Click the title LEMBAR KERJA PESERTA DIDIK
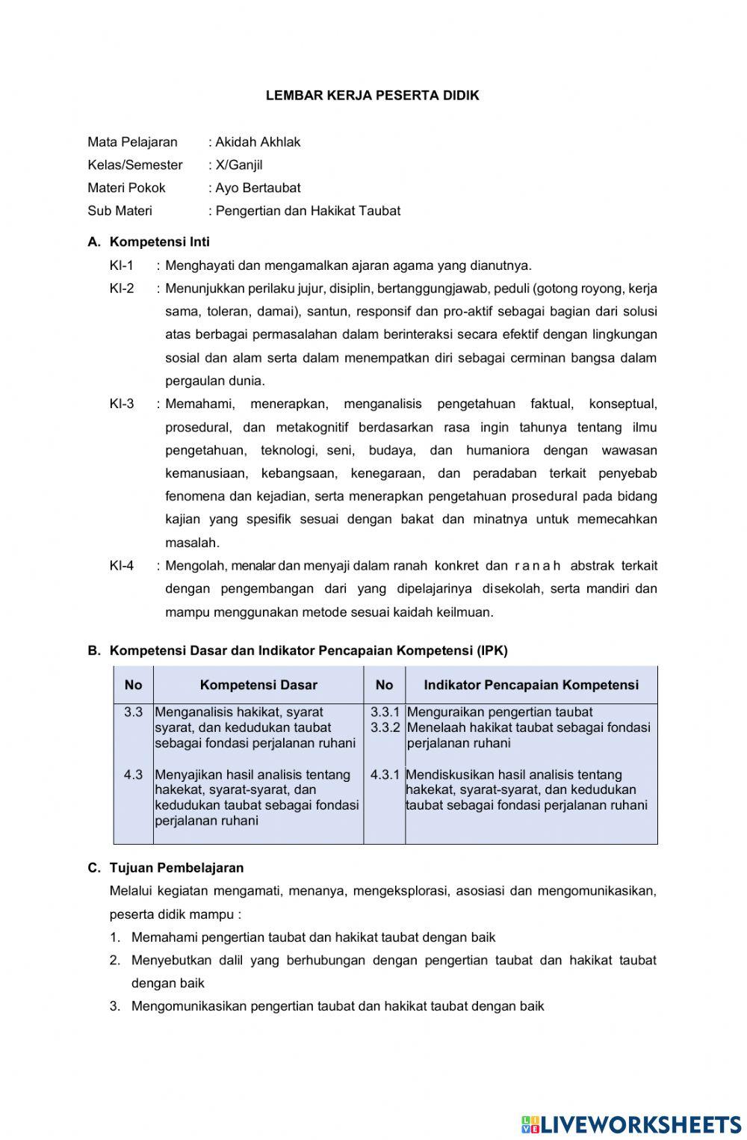(x=373, y=96)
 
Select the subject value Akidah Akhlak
(x=258, y=142)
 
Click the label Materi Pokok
(x=126, y=188)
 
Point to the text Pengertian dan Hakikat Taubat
(x=308, y=211)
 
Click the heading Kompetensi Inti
(x=159, y=242)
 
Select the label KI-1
(x=121, y=265)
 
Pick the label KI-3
(x=121, y=404)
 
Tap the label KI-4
(x=121, y=566)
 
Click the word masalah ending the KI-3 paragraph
(x=192, y=543)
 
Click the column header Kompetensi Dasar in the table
(x=258, y=685)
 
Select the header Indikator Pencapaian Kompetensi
(x=531, y=685)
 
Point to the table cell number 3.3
(x=133, y=712)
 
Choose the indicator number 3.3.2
(x=385, y=727)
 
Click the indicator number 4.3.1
(x=385, y=775)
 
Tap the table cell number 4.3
(x=133, y=775)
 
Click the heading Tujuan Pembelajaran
(x=176, y=868)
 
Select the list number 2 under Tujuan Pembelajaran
(x=115, y=961)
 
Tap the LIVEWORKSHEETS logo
(x=630, y=1124)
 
